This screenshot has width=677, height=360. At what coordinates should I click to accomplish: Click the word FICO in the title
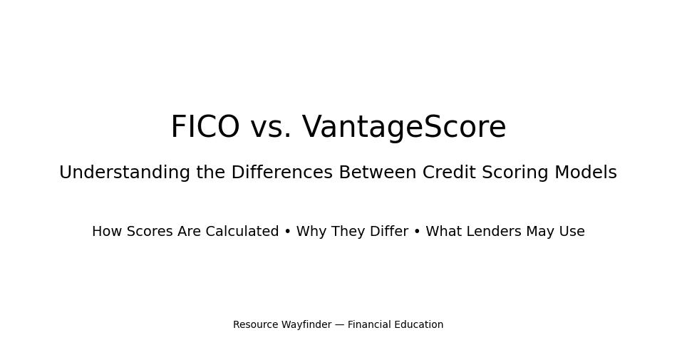[205, 128]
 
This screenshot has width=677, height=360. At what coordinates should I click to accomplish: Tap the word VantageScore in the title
[404, 128]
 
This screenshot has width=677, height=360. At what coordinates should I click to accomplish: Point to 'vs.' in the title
[271, 128]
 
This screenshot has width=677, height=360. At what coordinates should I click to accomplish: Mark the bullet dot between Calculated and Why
[288, 232]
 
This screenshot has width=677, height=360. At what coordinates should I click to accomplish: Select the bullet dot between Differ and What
[417, 232]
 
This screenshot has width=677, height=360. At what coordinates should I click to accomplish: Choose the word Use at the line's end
[572, 232]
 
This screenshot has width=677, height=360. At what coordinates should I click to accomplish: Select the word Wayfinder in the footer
[306, 325]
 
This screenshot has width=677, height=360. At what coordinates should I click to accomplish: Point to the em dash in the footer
[339, 325]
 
